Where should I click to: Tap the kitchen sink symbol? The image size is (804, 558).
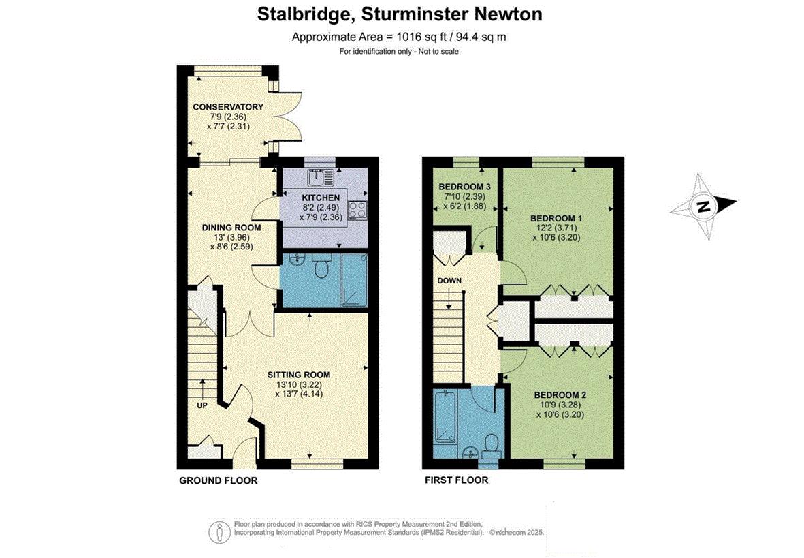(321, 178)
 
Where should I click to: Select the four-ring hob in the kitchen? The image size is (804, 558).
(357, 209)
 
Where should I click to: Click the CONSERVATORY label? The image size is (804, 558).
(228, 107)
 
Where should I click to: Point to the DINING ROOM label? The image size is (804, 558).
(231, 228)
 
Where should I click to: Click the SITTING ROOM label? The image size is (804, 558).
(299, 375)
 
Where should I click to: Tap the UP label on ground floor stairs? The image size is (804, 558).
(202, 405)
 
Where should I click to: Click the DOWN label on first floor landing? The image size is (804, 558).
(449, 281)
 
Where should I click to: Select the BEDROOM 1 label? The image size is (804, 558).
(556, 218)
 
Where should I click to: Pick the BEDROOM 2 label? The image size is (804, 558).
(560, 395)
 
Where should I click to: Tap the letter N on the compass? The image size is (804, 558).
(703, 207)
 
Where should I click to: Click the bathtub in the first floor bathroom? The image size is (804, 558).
(445, 416)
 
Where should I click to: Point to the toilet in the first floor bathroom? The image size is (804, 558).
(492, 445)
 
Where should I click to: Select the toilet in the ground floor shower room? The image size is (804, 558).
(321, 266)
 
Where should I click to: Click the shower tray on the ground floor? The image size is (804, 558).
(354, 279)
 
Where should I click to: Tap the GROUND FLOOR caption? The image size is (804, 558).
(219, 481)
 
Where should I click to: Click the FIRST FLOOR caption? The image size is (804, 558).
(456, 480)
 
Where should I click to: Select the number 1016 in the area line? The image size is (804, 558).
(408, 37)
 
